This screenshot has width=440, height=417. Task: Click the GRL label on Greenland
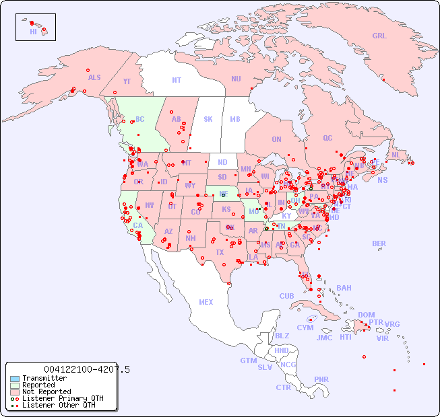[379, 36]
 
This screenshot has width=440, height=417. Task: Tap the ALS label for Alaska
[94, 77]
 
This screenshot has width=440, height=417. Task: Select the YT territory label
[127, 81]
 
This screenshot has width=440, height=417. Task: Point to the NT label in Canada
[177, 79]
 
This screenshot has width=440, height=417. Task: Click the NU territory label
[236, 79]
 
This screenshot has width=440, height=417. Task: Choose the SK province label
[208, 119]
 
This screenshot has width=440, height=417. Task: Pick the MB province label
[234, 119]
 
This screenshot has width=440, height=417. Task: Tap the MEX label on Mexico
[206, 302]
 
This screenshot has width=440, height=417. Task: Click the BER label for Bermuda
[379, 243]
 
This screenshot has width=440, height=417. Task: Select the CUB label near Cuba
[286, 296]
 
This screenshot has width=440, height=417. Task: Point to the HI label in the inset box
[33, 32]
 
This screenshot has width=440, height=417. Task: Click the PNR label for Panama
[321, 379]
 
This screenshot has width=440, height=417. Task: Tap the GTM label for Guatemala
[248, 361]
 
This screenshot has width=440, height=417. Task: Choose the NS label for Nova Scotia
[382, 180]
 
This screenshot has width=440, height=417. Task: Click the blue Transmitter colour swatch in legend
[15, 379]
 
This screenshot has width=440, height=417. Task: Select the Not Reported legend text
[46, 391]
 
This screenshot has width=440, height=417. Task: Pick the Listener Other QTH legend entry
[58, 405]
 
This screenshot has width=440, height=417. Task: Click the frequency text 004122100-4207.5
[86, 369]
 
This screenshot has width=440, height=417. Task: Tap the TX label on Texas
[220, 252]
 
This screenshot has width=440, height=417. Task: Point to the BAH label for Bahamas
[344, 288]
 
